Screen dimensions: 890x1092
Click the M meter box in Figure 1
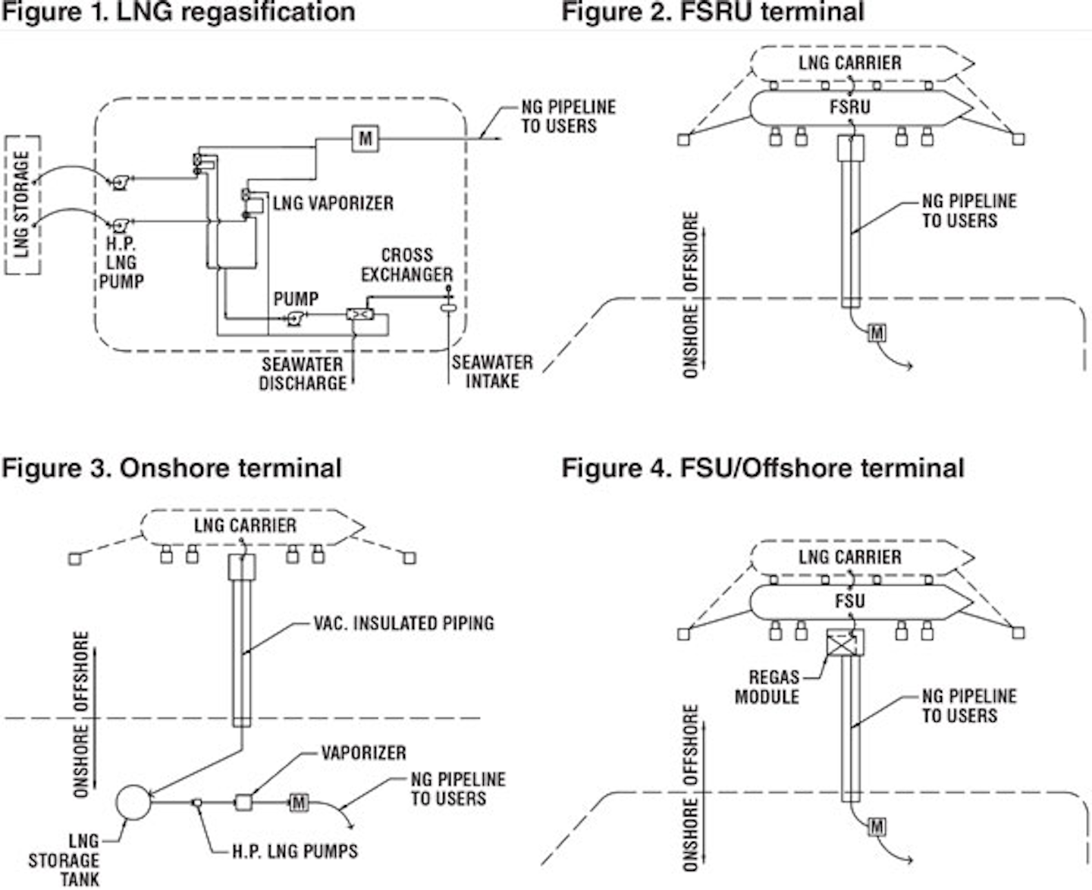[x=366, y=138]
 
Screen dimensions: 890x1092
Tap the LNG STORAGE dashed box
[x=23, y=205]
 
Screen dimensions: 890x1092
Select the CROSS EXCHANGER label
[x=406, y=265]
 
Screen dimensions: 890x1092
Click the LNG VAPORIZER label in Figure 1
[x=333, y=203]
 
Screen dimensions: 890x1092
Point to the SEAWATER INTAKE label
[x=492, y=371]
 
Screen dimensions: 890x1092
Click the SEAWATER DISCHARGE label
[x=303, y=374]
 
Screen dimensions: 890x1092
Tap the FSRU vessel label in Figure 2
[x=849, y=107]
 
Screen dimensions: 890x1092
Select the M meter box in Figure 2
[x=876, y=333]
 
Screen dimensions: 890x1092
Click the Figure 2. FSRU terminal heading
[x=712, y=11]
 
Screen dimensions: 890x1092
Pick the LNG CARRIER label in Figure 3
[x=245, y=525]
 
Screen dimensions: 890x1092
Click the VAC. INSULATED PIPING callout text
[x=403, y=623]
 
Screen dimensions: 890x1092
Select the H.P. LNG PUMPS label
[x=295, y=851]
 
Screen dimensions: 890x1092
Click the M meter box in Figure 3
[x=299, y=802]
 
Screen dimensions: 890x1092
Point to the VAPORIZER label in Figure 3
[x=364, y=753]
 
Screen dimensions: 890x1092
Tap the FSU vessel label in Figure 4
[x=849, y=601]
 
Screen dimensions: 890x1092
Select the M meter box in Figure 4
[x=876, y=826]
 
